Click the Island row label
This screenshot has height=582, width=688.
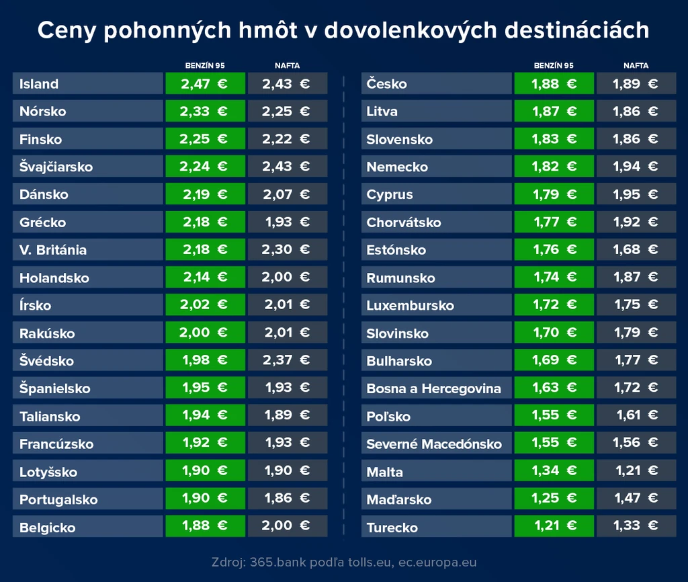(38, 84)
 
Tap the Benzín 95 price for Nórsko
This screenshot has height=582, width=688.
(204, 111)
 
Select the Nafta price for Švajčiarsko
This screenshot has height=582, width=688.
(286, 167)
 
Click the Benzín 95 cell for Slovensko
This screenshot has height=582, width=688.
(554, 139)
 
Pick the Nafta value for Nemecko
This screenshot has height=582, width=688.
(636, 167)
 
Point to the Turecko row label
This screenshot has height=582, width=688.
(392, 527)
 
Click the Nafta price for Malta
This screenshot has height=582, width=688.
(637, 470)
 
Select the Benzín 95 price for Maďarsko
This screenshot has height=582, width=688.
(554, 498)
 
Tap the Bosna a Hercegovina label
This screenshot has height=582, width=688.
(433, 388)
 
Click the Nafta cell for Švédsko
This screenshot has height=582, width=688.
(286, 360)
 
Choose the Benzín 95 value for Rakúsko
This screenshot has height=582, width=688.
(203, 332)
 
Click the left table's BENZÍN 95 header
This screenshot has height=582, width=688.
(205, 65)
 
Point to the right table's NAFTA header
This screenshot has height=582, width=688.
(636, 65)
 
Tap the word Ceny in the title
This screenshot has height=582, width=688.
(67, 31)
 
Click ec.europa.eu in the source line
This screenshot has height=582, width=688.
(437, 563)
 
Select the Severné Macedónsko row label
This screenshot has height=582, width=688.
(434, 444)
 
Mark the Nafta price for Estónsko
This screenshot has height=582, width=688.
(636, 249)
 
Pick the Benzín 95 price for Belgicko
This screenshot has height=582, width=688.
(205, 526)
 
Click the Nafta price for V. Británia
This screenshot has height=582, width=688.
(286, 249)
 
